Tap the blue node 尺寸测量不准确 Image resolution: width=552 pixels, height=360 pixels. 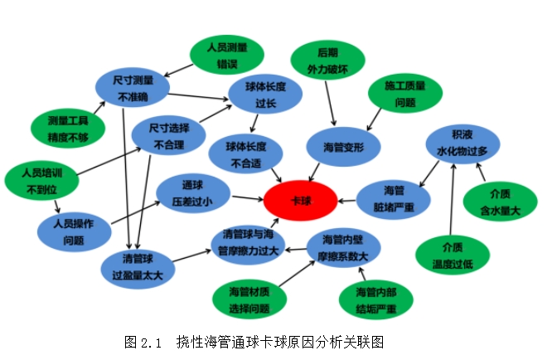[132, 87]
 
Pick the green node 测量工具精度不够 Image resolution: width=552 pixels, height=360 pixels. [68, 126]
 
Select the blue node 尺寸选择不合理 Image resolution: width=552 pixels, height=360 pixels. [168, 136]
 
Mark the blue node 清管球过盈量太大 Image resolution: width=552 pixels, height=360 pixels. [138, 265]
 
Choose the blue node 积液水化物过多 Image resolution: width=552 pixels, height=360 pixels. [462, 144]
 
